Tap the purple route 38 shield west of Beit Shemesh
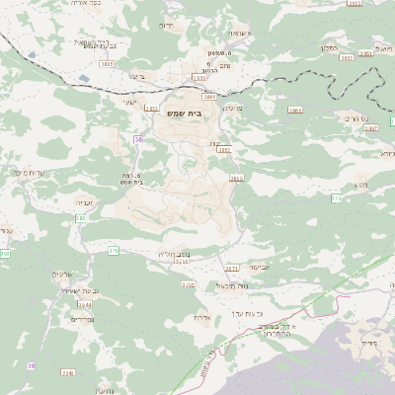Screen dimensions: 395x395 click(138, 139)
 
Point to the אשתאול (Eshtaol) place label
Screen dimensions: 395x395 click(246, 33)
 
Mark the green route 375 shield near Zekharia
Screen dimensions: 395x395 click(113, 251)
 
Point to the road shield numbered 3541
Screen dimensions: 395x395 click(67, 372)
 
